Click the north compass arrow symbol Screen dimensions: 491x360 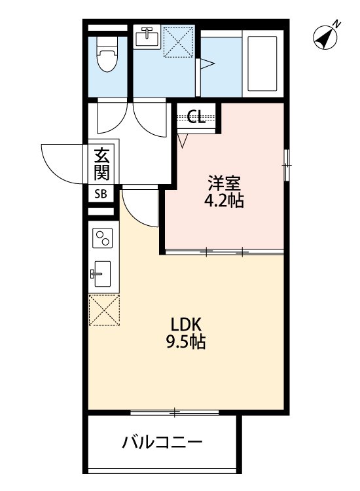pos(325,36)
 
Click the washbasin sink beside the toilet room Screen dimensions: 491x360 pos(146,37)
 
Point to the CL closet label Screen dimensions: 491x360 pos(196,118)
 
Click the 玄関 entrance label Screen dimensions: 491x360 pos(102,164)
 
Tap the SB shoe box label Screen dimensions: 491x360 pos(101,194)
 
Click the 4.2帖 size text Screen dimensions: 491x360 pos(223,200)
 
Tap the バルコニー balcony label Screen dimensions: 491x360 pos(162,443)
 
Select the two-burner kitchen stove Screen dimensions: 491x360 pos(102,240)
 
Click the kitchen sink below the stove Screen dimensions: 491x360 pos(103,276)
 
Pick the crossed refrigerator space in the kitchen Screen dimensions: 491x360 pos(103,310)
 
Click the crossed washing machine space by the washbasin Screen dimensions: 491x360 pos(178,41)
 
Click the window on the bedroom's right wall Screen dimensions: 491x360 pos(286,165)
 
